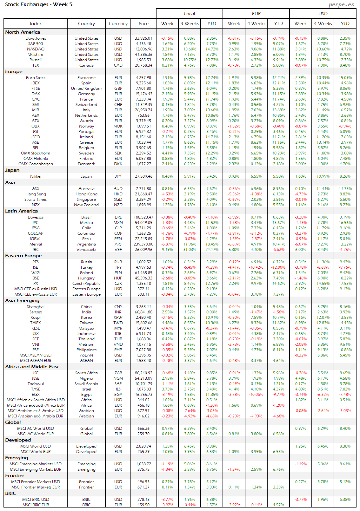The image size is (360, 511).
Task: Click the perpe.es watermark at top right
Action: coord(341,4)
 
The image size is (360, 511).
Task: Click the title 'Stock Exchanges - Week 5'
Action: coord(39,4)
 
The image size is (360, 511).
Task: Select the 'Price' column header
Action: coord(143,23)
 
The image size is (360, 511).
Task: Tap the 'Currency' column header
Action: coord(118,23)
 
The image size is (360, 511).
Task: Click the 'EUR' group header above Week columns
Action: coord(256,14)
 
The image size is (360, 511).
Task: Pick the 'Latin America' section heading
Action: coord(21,211)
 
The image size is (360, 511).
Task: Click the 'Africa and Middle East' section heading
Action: coord(32,367)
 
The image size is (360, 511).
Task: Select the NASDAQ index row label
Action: coord(36,49)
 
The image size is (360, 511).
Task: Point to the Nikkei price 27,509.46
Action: coord(143,176)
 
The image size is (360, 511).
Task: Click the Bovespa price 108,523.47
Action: coord(143,217)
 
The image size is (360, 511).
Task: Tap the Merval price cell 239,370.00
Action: coord(143,244)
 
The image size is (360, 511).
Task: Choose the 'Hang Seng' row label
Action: coord(36,194)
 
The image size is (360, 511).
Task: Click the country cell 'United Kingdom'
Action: coord(86,88)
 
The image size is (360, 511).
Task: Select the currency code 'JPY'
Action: coord(118,176)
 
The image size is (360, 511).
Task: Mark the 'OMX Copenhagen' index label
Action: coord(36,164)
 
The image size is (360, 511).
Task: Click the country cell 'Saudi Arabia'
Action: coord(86,384)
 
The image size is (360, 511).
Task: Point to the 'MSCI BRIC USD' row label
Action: coord(36,500)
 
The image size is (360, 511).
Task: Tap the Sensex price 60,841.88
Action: coord(143,312)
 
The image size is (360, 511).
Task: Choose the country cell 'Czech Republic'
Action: coord(86,284)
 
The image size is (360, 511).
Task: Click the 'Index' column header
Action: coord(36,23)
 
